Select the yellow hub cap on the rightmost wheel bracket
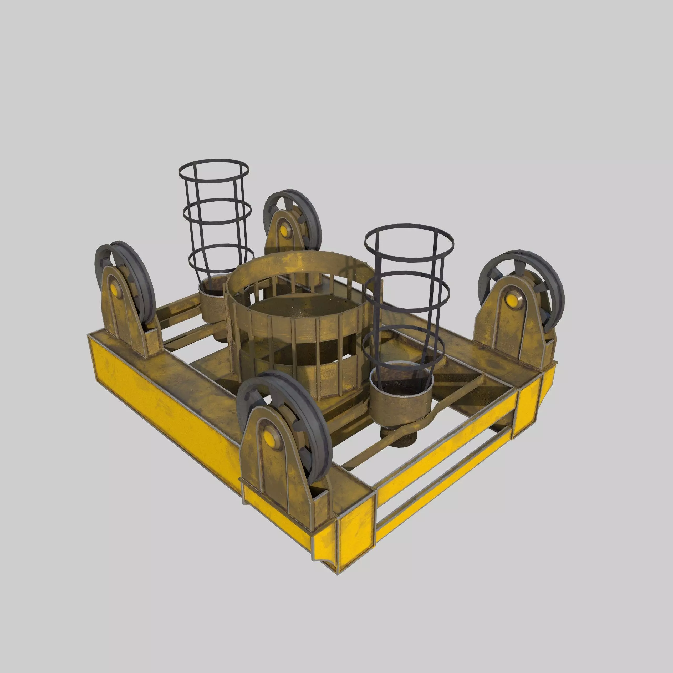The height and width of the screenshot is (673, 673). pyautogui.click(x=511, y=299)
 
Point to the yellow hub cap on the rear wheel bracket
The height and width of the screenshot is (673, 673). pyautogui.click(x=285, y=230)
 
